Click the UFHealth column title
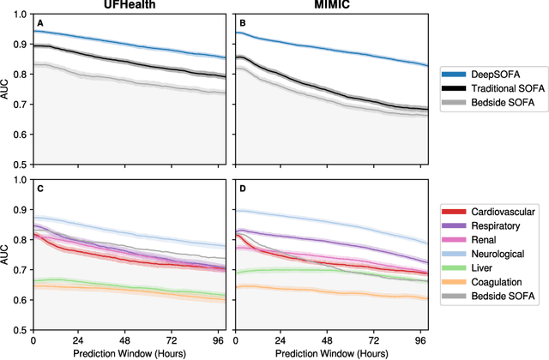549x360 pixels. pyautogui.click(x=130, y=7)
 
